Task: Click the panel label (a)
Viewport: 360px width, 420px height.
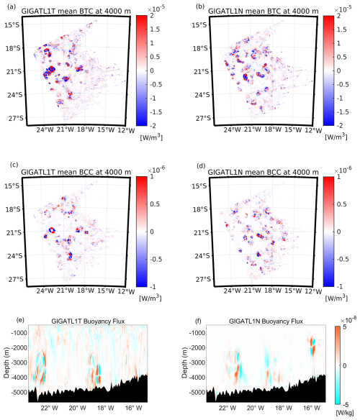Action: click(x=12, y=6)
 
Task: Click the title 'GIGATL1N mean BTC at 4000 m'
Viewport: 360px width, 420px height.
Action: click(x=263, y=12)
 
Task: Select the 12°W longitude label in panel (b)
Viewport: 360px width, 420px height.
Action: click(x=314, y=130)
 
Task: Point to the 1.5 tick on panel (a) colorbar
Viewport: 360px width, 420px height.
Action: click(x=155, y=29)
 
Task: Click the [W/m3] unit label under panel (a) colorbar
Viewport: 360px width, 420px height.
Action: click(x=151, y=137)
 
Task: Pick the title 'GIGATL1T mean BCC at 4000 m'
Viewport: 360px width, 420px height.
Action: click(x=76, y=172)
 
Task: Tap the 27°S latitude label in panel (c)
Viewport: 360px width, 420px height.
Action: click(x=14, y=279)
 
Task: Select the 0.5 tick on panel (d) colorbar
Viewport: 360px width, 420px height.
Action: click(x=342, y=204)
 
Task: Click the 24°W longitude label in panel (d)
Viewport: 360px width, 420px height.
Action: click(x=233, y=291)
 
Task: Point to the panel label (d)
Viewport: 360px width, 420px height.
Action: click(x=201, y=166)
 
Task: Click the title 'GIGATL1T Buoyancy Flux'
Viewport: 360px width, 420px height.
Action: click(x=88, y=321)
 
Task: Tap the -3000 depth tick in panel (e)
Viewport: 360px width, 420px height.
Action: click(x=19, y=362)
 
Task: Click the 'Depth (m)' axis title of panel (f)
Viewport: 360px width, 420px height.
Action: click(x=185, y=362)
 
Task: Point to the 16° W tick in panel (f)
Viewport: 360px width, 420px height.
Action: click(x=312, y=408)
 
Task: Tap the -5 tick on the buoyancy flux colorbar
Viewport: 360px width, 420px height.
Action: click(x=346, y=404)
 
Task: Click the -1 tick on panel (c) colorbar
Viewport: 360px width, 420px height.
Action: click(x=153, y=286)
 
